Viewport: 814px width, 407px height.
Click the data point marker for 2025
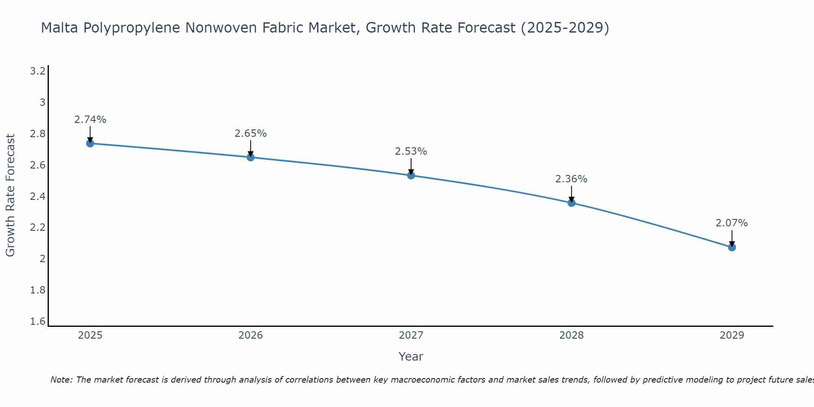(x=90, y=143)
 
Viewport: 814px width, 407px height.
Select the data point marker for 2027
(x=411, y=175)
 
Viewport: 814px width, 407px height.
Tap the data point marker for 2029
(x=732, y=247)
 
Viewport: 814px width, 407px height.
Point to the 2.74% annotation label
(x=90, y=120)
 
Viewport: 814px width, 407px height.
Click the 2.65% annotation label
(x=250, y=133)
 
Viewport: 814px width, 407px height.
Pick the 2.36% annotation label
(x=571, y=179)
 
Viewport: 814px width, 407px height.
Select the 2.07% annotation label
(x=731, y=223)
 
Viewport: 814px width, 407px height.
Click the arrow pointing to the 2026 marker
(x=250, y=148)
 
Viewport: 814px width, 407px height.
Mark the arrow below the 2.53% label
(x=411, y=166)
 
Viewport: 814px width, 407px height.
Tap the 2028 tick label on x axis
(x=571, y=335)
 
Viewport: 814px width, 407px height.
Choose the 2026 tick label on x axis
(x=250, y=335)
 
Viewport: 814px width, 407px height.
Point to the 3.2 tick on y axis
(x=38, y=72)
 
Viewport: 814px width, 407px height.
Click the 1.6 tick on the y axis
(x=38, y=322)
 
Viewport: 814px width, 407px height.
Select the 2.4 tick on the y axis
(x=38, y=197)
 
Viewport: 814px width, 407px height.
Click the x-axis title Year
(x=411, y=357)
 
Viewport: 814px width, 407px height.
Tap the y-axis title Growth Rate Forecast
(x=10, y=195)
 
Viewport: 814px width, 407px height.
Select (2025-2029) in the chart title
(x=565, y=28)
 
